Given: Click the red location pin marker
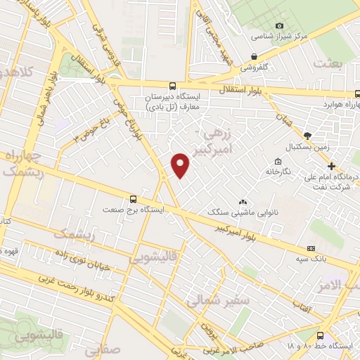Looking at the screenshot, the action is click(x=181, y=165).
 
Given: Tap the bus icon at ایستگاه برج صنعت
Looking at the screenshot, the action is click(x=133, y=199).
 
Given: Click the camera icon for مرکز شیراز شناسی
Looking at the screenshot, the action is click(x=280, y=25).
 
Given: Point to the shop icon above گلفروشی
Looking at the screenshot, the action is click(x=254, y=58).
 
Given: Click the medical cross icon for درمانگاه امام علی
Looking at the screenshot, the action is click(x=332, y=166).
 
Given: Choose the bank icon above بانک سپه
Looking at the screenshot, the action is click(x=311, y=249).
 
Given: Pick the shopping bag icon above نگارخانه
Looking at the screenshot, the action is click(x=278, y=161).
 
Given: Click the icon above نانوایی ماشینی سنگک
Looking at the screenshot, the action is click(x=243, y=201).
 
